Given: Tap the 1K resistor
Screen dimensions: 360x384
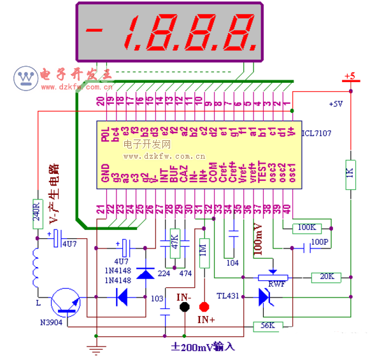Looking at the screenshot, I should [x=350, y=173].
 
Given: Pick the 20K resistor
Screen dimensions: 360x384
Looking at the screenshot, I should [x=325, y=277].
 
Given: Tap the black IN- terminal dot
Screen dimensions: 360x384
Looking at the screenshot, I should [x=185, y=306].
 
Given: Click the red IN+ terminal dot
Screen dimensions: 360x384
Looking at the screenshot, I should [x=204, y=306].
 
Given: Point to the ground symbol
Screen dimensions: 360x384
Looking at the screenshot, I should [x=97, y=347].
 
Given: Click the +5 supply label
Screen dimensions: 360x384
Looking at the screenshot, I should [x=349, y=76].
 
